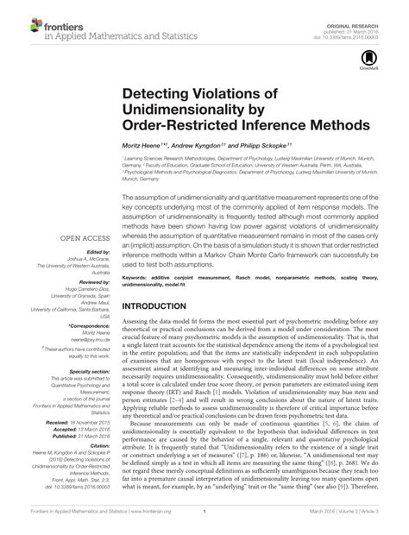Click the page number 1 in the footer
tap(204, 523)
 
